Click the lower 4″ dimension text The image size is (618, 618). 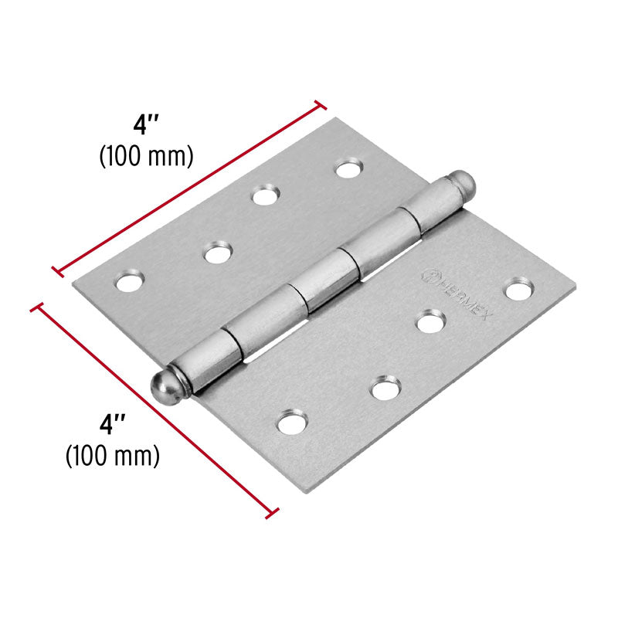(113, 424)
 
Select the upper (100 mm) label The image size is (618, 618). (146, 156)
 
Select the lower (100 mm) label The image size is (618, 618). (113, 456)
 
